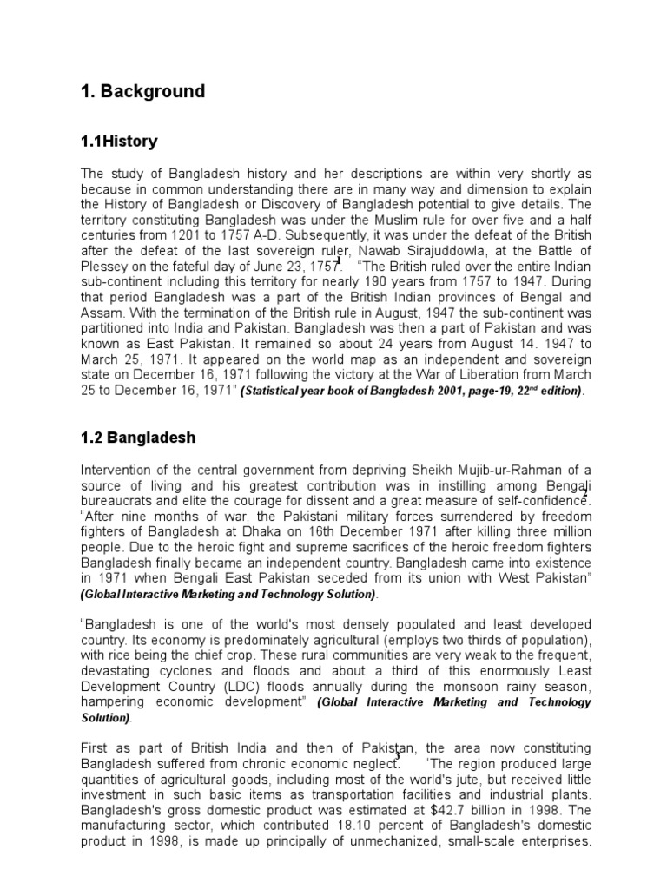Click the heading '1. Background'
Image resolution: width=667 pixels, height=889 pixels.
pyautogui.click(x=142, y=91)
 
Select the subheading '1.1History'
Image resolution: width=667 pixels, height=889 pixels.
pyautogui.click(x=119, y=141)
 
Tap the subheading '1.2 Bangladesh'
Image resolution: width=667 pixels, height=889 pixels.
pyautogui.click(x=138, y=438)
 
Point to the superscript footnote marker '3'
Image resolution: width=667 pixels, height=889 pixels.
pyautogui.click(x=398, y=757)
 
